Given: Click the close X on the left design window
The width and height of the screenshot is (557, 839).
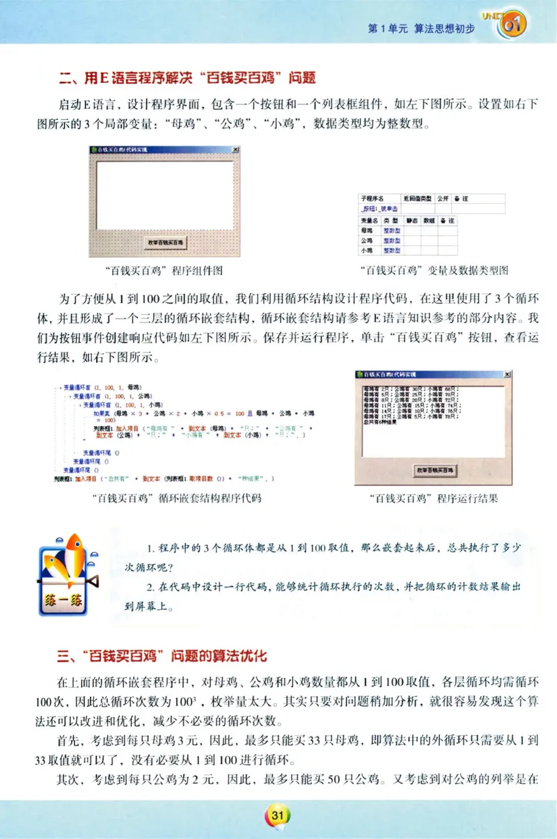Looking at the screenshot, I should [x=235, y=150].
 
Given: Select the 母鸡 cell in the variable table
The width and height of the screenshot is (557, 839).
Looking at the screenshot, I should [x=366, y=230].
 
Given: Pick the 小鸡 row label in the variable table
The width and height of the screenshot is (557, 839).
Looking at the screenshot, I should [x=366, y=250].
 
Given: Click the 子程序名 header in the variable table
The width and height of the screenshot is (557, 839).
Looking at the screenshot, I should [x=370, y=198].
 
